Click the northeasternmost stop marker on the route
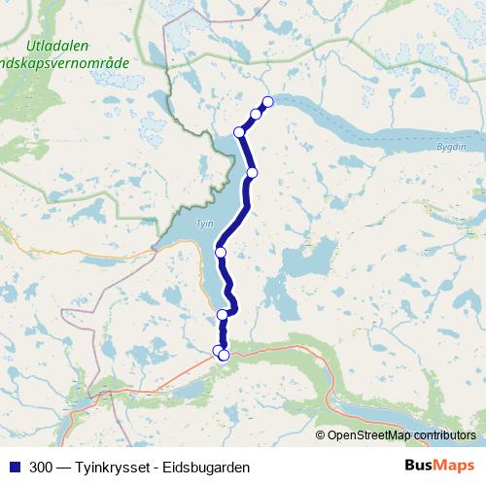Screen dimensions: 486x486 pos(268,102)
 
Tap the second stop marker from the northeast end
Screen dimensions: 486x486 pos(256,114)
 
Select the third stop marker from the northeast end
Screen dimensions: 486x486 pos(239,132)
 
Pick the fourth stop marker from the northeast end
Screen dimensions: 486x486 pos(252,173)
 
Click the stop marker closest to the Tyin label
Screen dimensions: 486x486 pos(221,253)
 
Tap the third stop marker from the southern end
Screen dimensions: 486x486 pos(223,314)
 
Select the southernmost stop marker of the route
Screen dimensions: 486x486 pos(224,356)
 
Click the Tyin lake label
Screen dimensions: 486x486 pos(204,223)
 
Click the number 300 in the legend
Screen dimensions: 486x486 pos(42,467)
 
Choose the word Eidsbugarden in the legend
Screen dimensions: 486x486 pos(207,467)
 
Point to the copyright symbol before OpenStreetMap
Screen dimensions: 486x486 pos(322,434)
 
